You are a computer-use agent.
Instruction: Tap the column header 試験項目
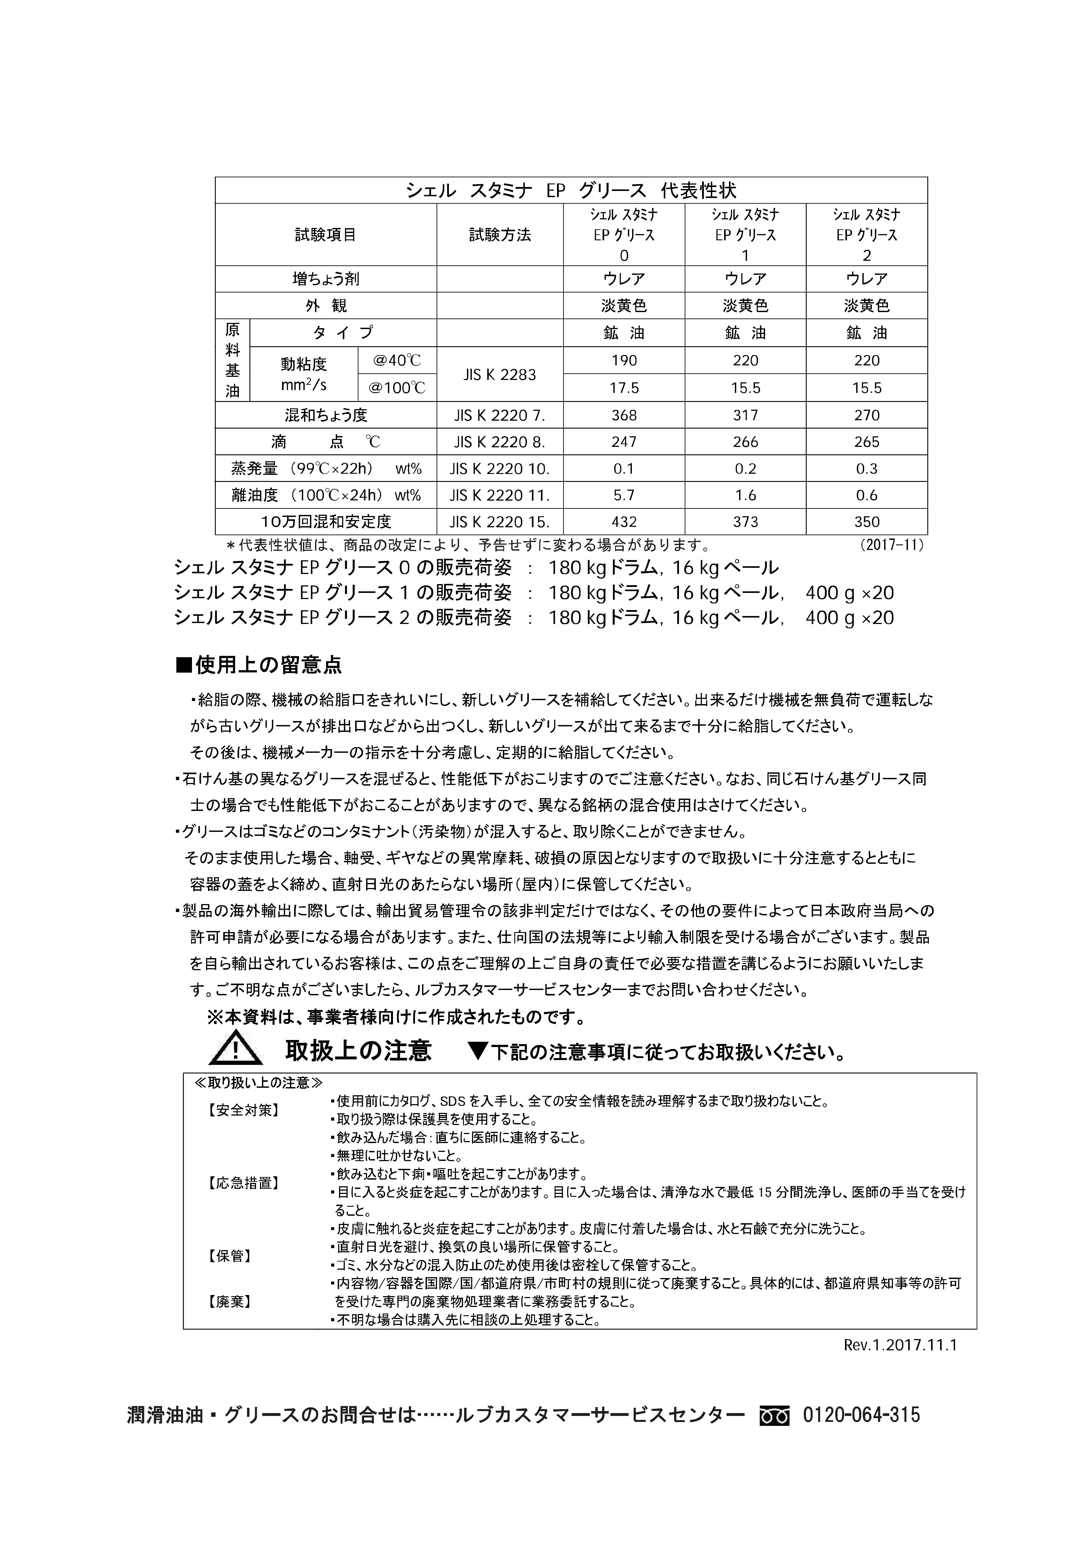click(x=326, y=235)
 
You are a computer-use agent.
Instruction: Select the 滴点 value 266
click(x=745, y=442)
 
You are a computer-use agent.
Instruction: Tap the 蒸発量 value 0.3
click(x=867, y=469)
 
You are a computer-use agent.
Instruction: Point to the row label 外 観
click(x=326, y=306)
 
